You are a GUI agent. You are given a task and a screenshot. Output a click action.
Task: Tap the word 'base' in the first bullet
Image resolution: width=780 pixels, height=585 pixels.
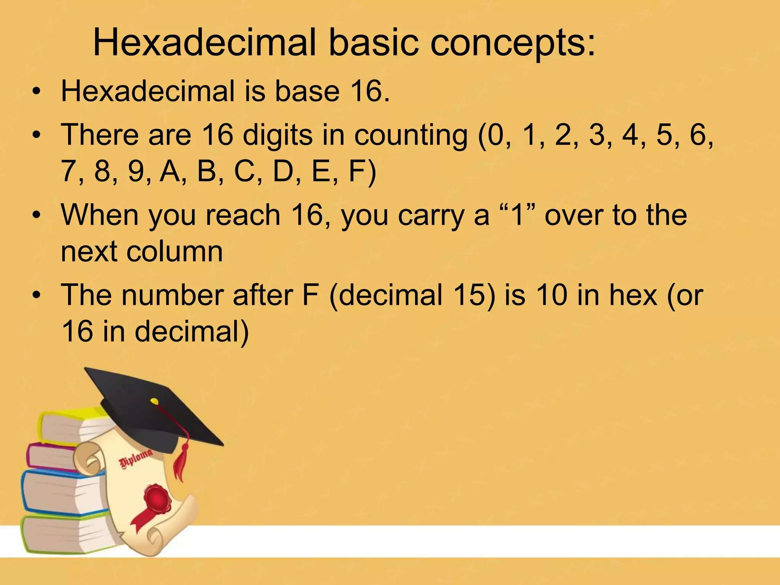[307, 91]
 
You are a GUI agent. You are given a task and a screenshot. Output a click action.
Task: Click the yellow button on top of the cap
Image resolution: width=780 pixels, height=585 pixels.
[154, 401]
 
